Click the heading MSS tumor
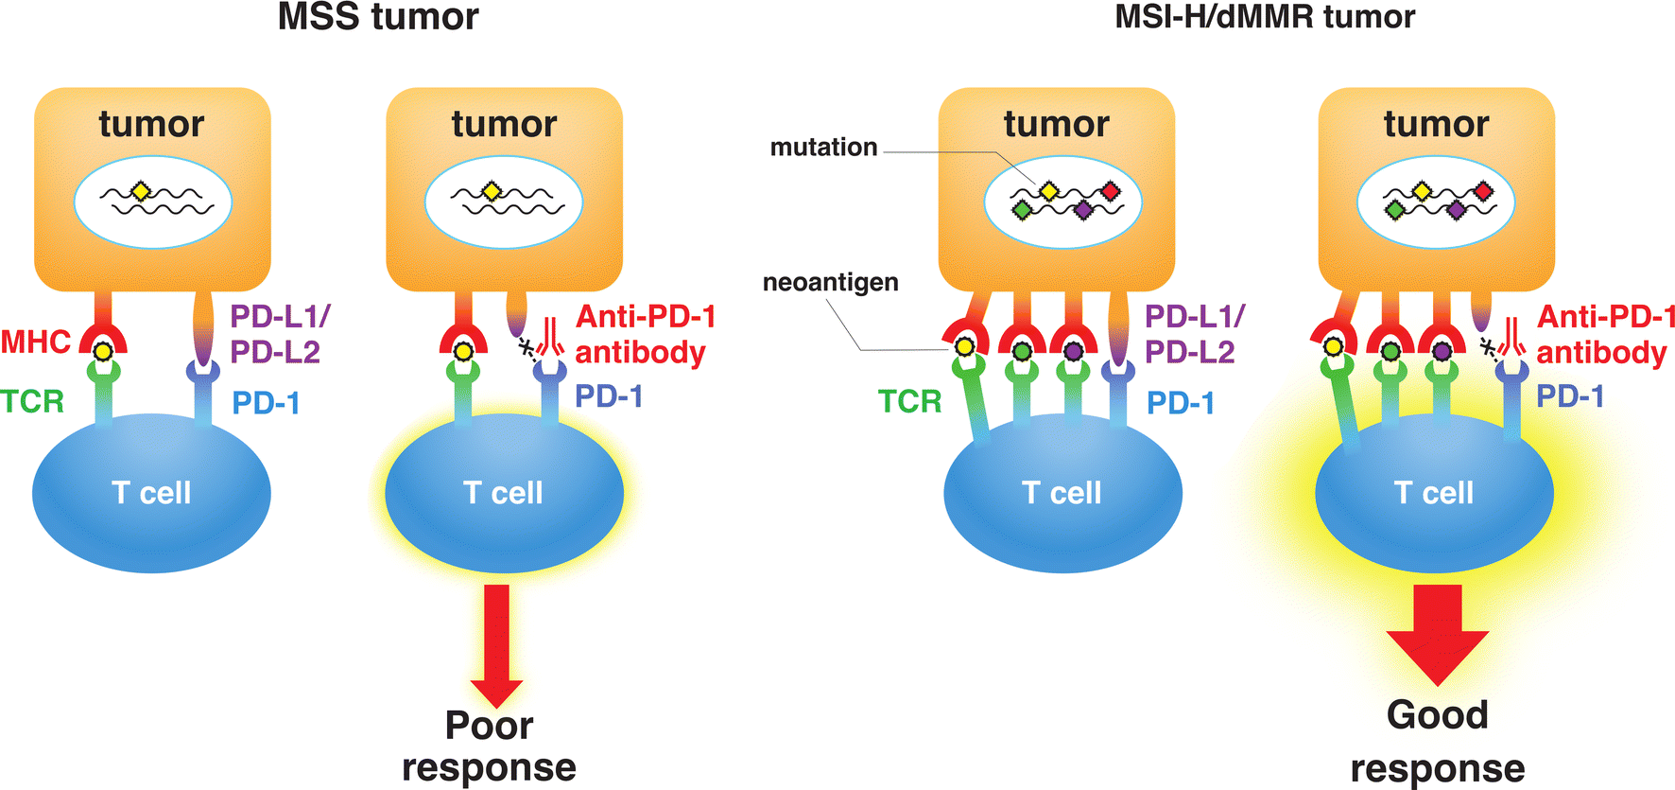click(378, 17)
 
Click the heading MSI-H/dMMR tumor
click(1265, 17)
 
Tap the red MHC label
click(36, 342)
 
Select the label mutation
click(823, 148)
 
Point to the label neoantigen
click(830, 283)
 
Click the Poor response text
click(489, 746)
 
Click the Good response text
click(1438, 742)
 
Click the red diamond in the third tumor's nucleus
click(1111, 192)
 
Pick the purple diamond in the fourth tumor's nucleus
click(1456, 209)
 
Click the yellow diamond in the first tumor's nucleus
click(141, 192)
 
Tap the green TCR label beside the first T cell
click(32, 402)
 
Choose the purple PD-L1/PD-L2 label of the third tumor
click(1194, 334)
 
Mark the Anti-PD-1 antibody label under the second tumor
click(645, 334)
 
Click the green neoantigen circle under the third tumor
click(1022, 351)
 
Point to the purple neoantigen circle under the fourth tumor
click(1442, 351)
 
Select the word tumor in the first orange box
click(151, 124)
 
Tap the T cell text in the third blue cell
click(1062, 493)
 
